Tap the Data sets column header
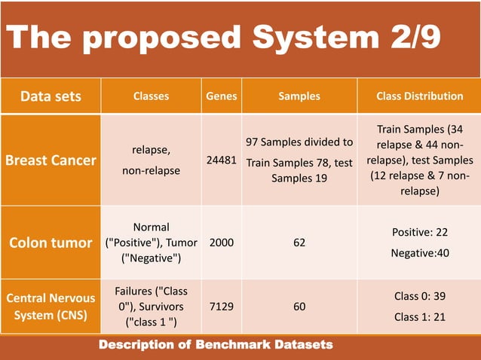[51, 96]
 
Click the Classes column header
[151, 96]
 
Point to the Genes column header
[222, 96]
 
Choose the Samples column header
[299, 96]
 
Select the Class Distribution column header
[420, 96]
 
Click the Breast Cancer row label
[51, 160]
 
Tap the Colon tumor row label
[51, 243]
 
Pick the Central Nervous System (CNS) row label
[51, 307]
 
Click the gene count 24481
[222, 160]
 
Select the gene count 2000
[222, 243]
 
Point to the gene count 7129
[222, 307]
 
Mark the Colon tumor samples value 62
[299, 243]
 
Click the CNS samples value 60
[299, 307]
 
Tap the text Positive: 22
[420, 233]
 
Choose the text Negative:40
[420, 253]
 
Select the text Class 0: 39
[420, 297]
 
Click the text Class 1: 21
[420, 317]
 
